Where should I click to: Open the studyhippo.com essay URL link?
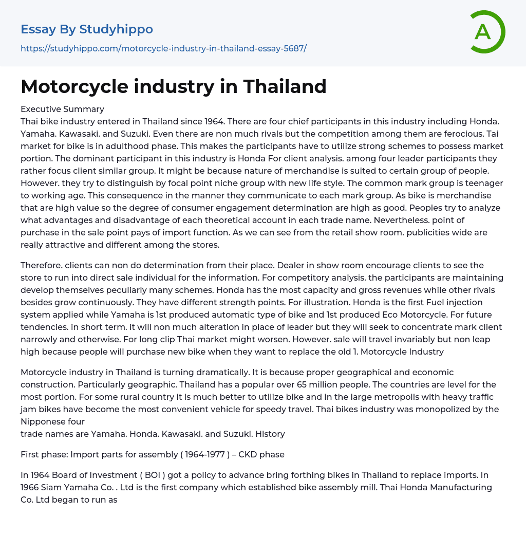pyautogui.click(x=163, y=49)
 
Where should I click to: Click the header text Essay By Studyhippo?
pyautogui.click(x=87, y=29)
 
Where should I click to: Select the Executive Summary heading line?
pyautogui.click(x=62, y=109)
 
